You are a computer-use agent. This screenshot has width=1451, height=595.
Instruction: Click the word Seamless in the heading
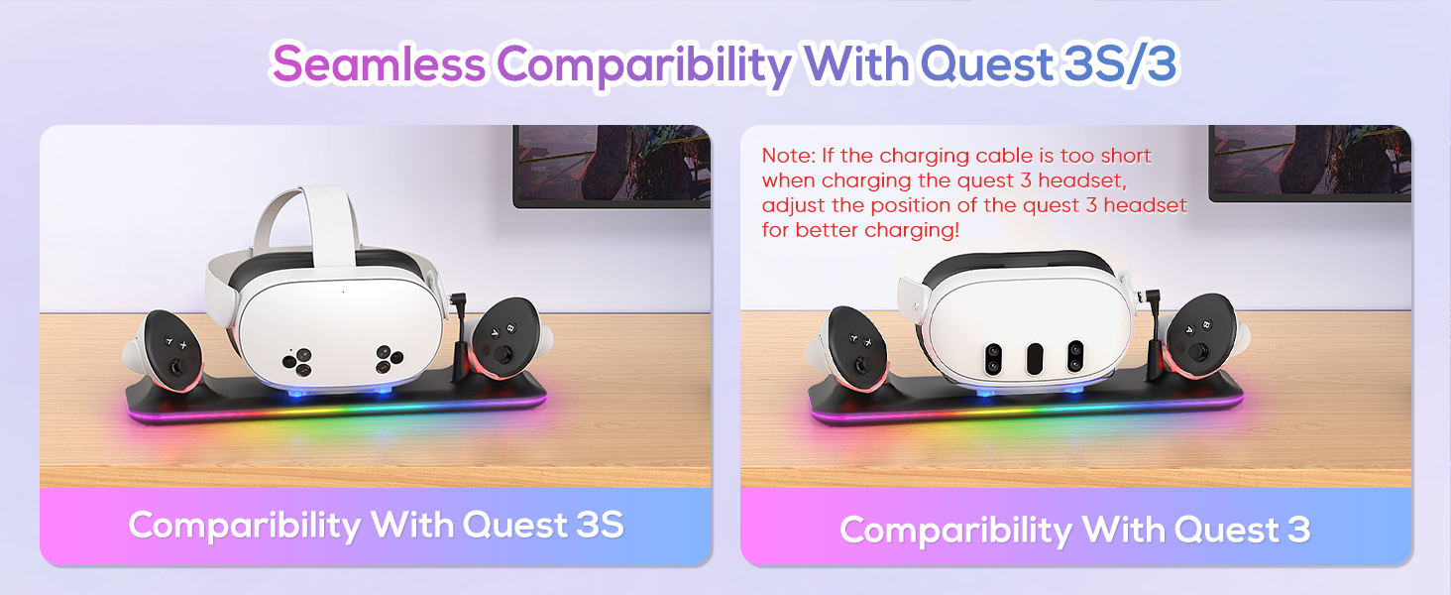pos(380,64)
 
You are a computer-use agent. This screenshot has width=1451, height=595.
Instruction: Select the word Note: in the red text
pos(785,156)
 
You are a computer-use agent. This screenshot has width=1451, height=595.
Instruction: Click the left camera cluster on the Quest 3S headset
pos(300,361)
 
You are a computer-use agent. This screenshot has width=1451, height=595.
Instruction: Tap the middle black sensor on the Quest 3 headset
pos(1034,357)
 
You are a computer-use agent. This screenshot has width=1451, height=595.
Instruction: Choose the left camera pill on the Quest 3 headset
pos(991,358)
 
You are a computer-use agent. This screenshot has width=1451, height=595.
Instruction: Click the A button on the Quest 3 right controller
pos(1184,336)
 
